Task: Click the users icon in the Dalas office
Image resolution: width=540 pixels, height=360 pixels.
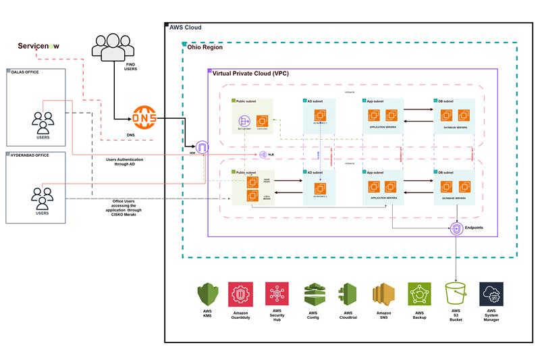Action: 43,122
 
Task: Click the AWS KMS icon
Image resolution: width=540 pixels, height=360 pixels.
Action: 207,294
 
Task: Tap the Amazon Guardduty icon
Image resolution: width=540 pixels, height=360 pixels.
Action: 241,294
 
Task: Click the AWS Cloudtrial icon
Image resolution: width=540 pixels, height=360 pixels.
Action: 348,294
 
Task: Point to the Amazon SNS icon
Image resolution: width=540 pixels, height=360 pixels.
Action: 383,294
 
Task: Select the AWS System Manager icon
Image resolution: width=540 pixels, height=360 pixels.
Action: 491,294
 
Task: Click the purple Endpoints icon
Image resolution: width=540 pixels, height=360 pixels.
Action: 457,229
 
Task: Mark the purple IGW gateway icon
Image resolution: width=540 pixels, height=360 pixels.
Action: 202,147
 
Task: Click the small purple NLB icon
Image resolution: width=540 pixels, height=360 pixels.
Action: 262,155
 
